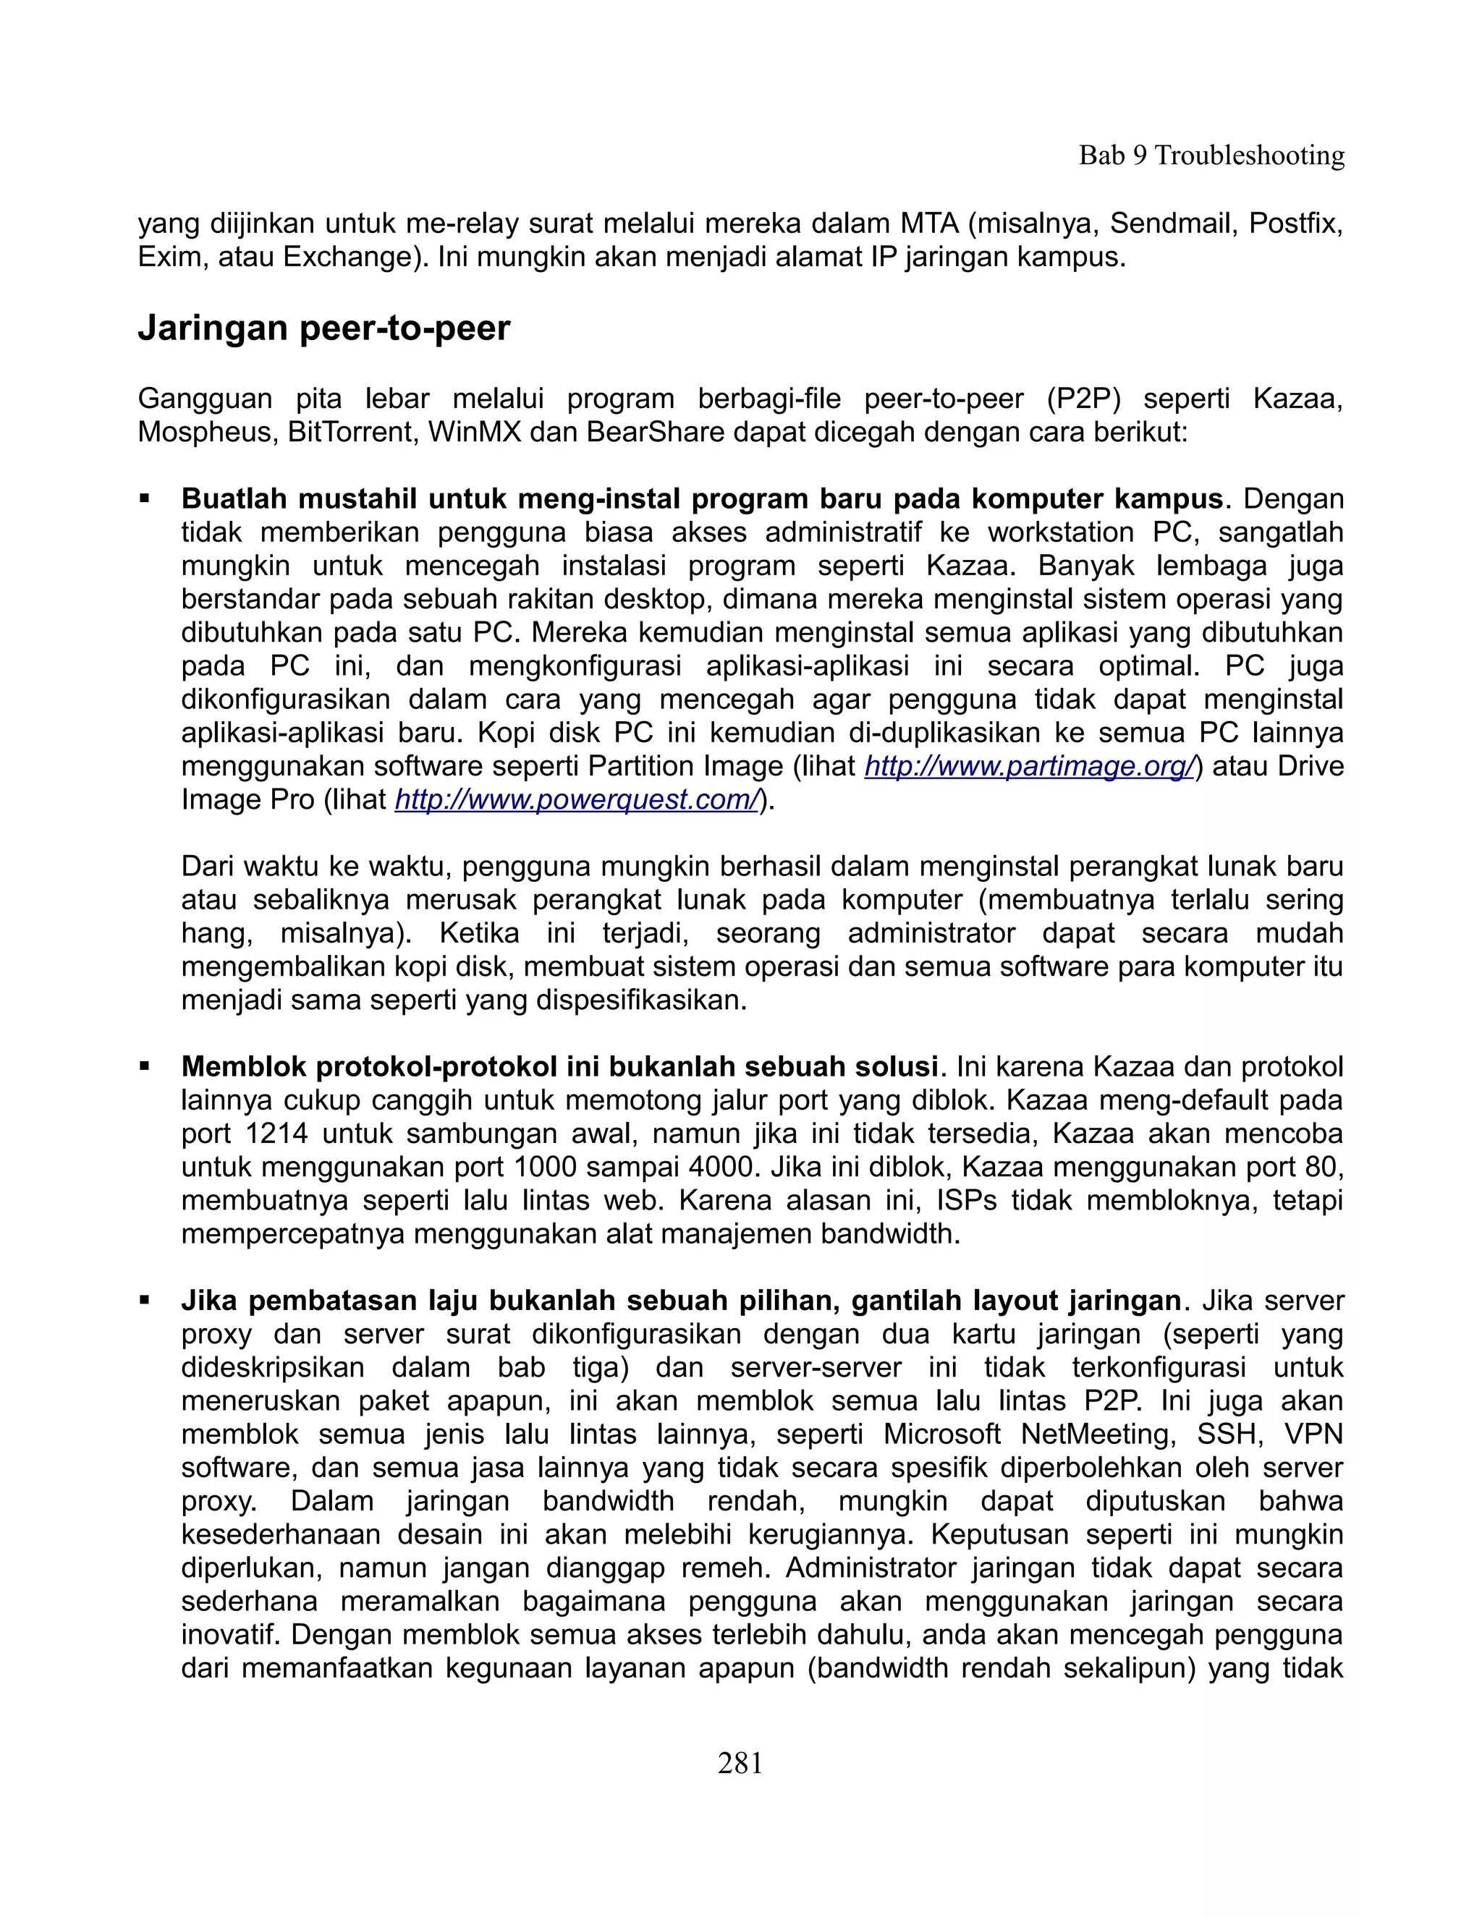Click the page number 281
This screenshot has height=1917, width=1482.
(x=740, y=1762)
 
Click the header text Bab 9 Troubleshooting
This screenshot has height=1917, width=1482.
(x=1211, y=156)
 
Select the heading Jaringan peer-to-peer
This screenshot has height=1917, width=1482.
(x=324, y=328)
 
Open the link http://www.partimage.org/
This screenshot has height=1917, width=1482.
(x=1029, y=766)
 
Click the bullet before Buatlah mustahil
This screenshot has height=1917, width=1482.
(x=145, y=499)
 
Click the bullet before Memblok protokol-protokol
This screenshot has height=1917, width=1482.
(x=145, y=1067)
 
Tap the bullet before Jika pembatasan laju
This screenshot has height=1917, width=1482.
(x=145, y=1301)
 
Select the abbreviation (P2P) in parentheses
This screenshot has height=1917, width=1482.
(x=1084, y=399)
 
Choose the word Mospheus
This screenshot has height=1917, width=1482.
(x=207, y=433)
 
